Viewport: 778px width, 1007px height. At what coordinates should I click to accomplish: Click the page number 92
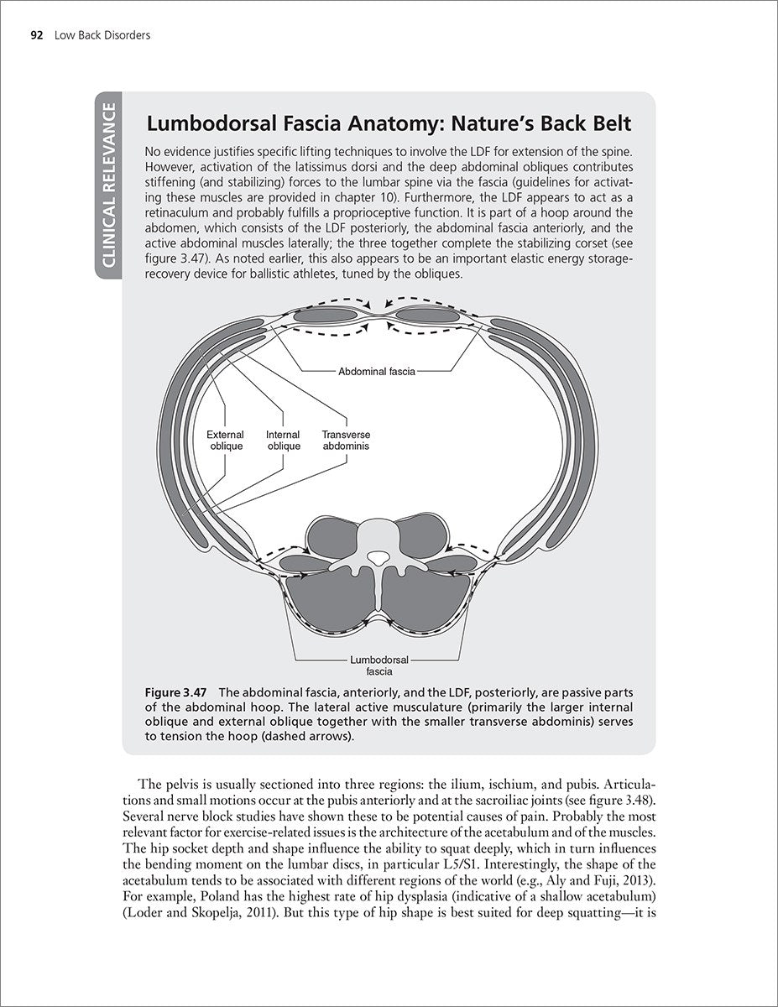(x=37, y=35)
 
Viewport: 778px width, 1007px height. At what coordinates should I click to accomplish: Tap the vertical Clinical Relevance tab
(x=111, y=185)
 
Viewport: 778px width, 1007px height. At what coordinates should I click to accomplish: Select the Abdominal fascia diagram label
(x=377, y=371)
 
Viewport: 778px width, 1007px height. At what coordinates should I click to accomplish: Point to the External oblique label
(x=225, y=441)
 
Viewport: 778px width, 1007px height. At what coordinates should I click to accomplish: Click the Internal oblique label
(x=283, y=441)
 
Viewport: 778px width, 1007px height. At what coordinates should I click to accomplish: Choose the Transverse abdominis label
(x=346, y=441)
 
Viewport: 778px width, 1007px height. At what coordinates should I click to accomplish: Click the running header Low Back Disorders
(x=101, y=35)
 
